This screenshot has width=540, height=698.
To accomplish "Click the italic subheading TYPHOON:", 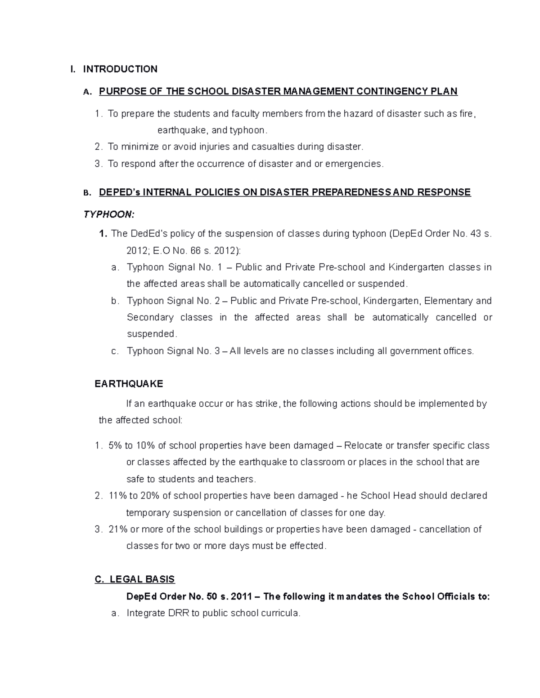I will [108, 214].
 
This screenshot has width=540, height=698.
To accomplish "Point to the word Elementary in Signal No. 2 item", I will [448, 301].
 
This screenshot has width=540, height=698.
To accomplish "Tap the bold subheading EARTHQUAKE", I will [129, 384].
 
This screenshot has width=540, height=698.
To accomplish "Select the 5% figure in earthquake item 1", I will [115, 446].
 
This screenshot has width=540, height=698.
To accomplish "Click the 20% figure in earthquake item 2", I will [150, 496].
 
